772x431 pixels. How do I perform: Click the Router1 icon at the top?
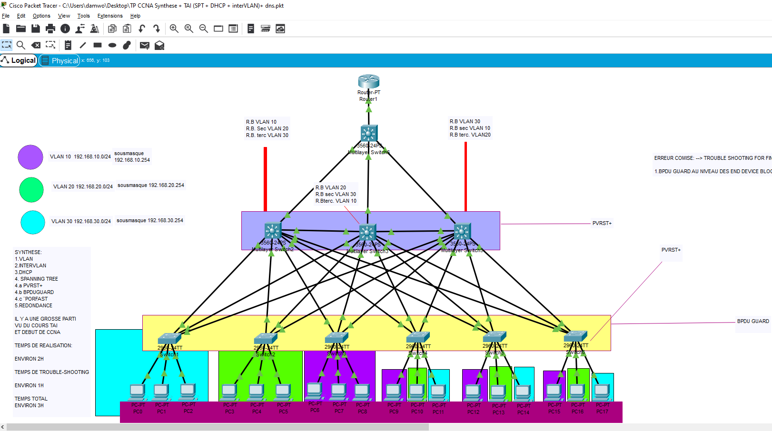(x=368, y=81)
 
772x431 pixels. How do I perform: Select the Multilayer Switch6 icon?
(x=368, y=134)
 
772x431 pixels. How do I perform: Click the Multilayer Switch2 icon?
(x=273, y=232)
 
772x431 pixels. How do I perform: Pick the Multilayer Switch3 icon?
(x=367, y=233)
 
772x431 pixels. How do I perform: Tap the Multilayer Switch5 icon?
(x=462, y=232)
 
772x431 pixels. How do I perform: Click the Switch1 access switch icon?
(x=169, y=339)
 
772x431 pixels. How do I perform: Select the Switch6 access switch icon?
(x=575, y=336)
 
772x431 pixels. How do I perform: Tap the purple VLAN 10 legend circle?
(x=30, y=157)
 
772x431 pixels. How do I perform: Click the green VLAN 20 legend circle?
(x=31, y=189)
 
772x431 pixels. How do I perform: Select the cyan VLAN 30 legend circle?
(x=33, y=222)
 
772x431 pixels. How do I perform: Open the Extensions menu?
(x=110, y=16)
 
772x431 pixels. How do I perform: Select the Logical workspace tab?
(x=19, y=60)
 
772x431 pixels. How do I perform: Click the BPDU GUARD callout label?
(x=752, y=321)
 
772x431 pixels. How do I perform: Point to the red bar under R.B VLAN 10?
(x=265, y=179)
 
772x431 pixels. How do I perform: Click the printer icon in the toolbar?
(x=50, y=29)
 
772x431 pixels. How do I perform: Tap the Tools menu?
(x=83, y=16)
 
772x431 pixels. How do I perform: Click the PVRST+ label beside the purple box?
(x=602, y=223)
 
